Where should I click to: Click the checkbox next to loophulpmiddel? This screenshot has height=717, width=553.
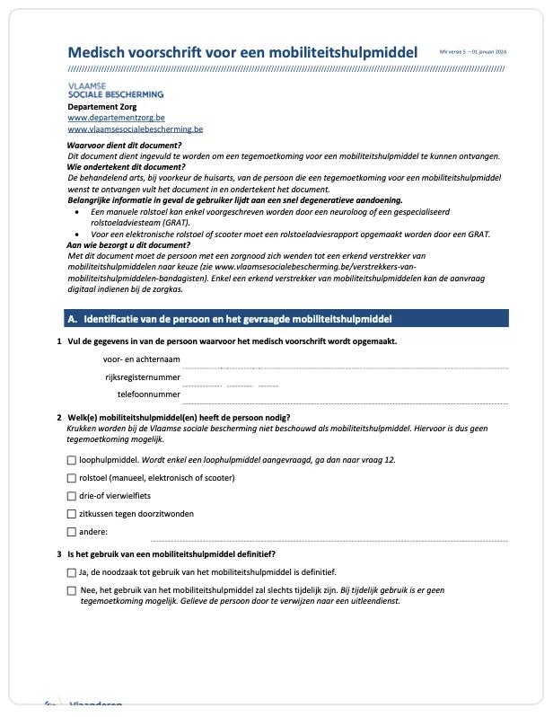click(x=71, y=460)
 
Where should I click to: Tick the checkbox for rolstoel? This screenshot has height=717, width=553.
click(x=71, y=478)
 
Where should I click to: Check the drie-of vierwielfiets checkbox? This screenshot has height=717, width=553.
click(x=71, y=496)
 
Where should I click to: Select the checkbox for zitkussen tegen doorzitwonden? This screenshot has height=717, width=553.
click(x=71, y=514)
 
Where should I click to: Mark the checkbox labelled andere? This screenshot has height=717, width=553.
click(x=71, y=532)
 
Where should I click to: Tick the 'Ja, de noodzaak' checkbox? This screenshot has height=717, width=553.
click(x=71, y=572)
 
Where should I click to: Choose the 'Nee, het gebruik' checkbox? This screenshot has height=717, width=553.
click(x=71, y=590)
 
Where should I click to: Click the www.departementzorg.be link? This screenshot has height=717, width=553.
click(x=116, y=118)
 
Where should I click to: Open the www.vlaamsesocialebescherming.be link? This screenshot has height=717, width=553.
click(x=135, y=129)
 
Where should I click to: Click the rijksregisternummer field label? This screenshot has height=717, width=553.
click(x=143, y=376)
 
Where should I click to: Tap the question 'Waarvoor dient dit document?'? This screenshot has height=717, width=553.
click(x=124, y=146)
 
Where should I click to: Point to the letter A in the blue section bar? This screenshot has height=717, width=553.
click(x=72, y=319)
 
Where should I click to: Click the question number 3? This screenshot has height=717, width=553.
click(x=58, y=553)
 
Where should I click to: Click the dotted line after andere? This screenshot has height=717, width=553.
click(x=329, y=540)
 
